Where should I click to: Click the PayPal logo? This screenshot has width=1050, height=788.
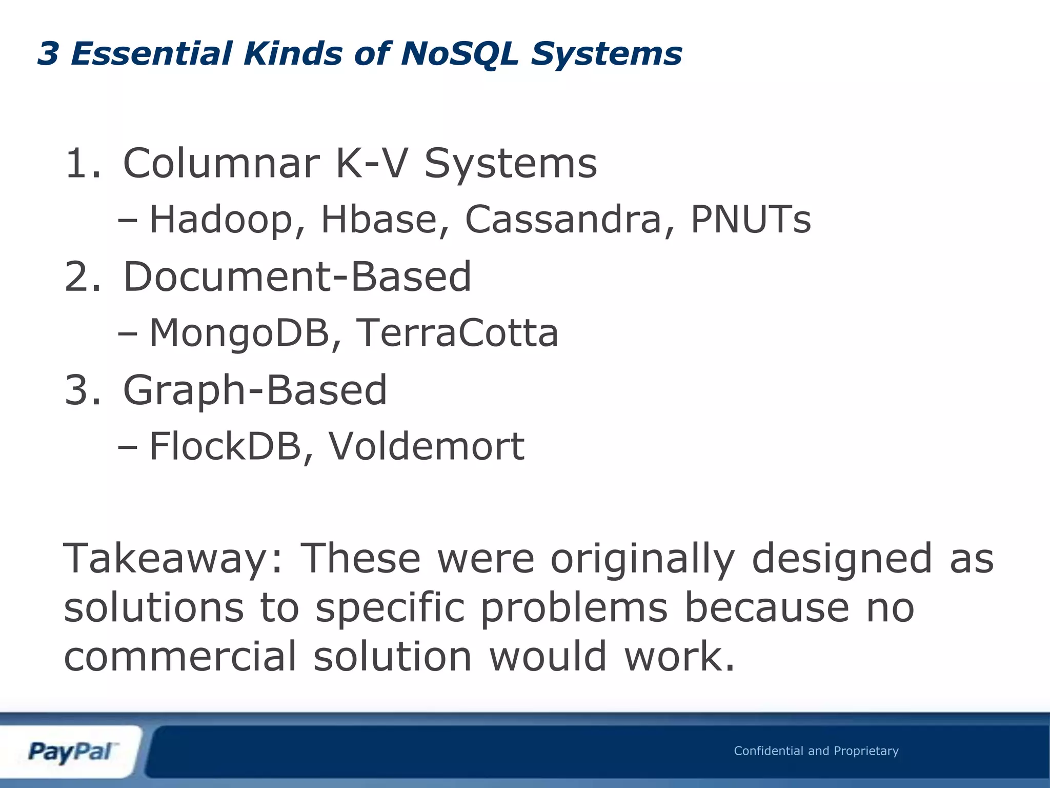(72, 752)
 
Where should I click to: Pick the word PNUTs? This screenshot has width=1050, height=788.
(751, 220)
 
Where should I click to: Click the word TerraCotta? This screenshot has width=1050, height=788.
(456, 333)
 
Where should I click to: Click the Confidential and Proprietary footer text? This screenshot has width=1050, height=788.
(816, 751)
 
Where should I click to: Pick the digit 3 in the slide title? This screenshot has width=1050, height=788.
(48, 53)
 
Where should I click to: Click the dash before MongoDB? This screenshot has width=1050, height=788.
(127, 334)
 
